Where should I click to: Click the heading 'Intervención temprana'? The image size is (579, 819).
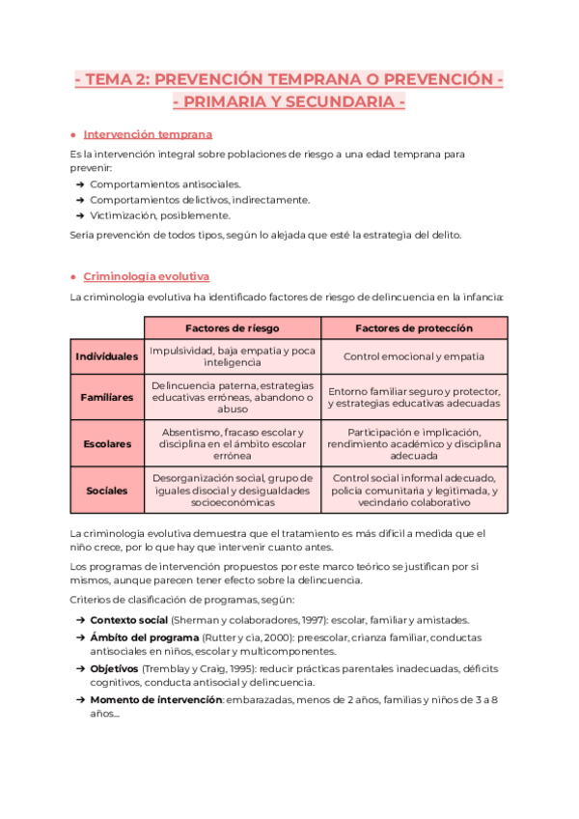pyautogui.click(x=148, y=134)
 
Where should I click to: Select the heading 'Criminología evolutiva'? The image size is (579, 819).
pyautogui.click(x=146, y=276)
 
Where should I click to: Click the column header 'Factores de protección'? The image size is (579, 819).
pyautogui.click(x=414, y=328)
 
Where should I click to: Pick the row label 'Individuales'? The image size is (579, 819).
pyautogui.click(x=107, y=356)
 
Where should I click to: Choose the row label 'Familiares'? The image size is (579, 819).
pyautogui.click(x=107, y=397)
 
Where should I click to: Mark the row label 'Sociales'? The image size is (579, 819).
pyautogui.click(x=107, y=491)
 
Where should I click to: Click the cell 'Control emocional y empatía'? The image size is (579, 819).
pyautogui.click(x=414, y=356)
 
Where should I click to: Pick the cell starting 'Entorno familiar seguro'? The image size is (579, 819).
pyautogui.click(x=414, y=397)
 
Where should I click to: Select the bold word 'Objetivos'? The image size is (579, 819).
pyautogui.click(x=115, y=669)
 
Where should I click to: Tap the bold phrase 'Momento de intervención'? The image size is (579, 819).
pyautogui.click(x=155, y=700)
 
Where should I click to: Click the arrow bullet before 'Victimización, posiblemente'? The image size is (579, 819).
pyautogui.click(x=78, y=215)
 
